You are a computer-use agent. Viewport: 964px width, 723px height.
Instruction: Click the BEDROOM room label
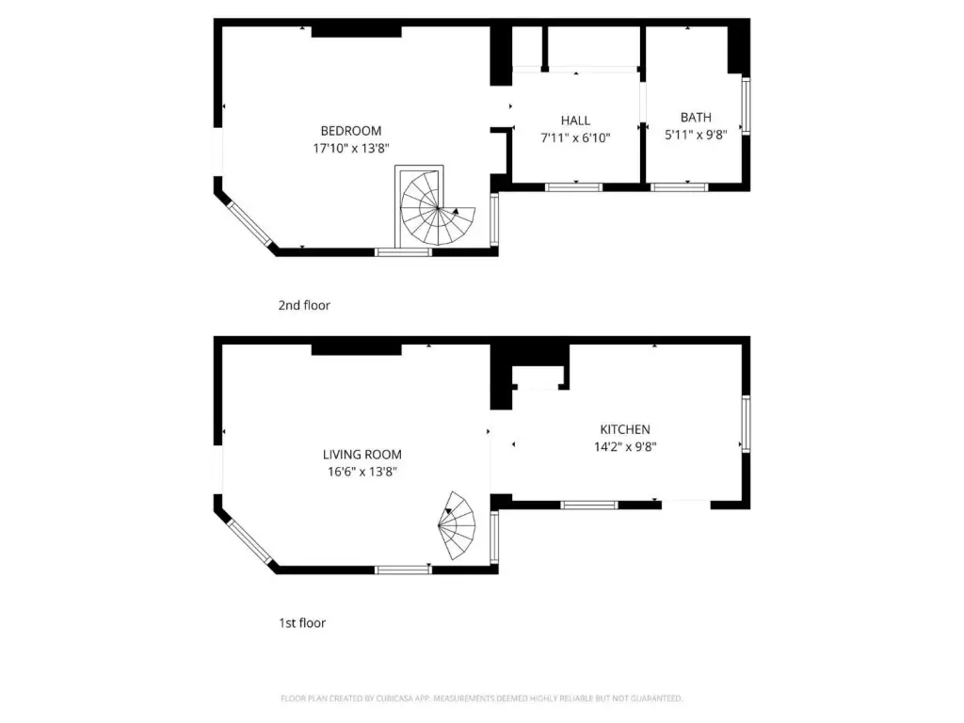(351, 131)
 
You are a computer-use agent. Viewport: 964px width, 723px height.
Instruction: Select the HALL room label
(575, 120)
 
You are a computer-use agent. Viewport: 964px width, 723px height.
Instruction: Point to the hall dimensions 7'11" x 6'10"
(575, 137)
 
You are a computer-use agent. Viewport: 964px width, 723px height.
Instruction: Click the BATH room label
(696, 118)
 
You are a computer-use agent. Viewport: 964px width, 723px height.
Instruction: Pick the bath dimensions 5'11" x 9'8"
(696, 135)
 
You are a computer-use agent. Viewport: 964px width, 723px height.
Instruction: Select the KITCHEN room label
(625, 429)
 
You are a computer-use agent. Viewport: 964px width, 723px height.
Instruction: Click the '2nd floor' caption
(304, 305)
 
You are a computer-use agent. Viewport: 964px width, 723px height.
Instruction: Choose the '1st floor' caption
(302, 622)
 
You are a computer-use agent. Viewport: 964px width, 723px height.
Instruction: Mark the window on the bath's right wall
(746, 105)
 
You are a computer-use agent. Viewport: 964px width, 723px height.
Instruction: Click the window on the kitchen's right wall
(746, 424)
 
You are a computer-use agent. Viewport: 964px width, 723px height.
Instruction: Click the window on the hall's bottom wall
(574, 186)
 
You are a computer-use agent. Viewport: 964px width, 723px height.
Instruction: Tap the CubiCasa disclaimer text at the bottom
(481, 699)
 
